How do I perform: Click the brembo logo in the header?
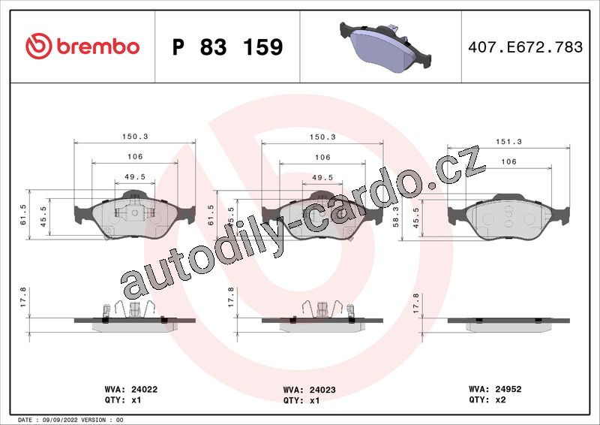coord(82,47)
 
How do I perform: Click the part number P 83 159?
coord(228,47)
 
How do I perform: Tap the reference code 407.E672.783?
coord(526,47)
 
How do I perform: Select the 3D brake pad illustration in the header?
coord(385,46)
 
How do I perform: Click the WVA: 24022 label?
coord(130,390)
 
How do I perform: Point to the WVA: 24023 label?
coord(309,390)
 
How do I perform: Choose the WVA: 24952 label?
coord(495,389)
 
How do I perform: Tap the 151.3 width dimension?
coord(508,141)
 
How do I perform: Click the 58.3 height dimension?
coord(396,217)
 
